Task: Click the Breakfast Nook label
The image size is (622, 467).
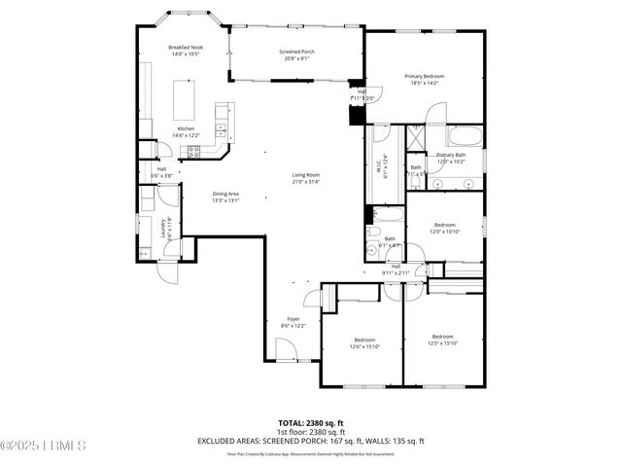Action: click(x=185, y=48)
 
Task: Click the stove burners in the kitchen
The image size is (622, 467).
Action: click(x=192, y=151)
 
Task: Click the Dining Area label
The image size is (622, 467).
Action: click(x=226, y=194)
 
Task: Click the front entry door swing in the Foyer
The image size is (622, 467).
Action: click(x=287, y=348)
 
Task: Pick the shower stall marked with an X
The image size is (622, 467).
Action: click(x=415, y=138)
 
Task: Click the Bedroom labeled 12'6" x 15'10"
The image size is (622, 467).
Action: click(x=364, y=340)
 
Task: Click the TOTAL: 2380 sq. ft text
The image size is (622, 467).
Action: click(x=311, y=423)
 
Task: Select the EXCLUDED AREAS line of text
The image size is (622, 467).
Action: click(x=311, y=441)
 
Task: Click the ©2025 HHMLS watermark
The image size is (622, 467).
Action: click(x=44, y=447)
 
